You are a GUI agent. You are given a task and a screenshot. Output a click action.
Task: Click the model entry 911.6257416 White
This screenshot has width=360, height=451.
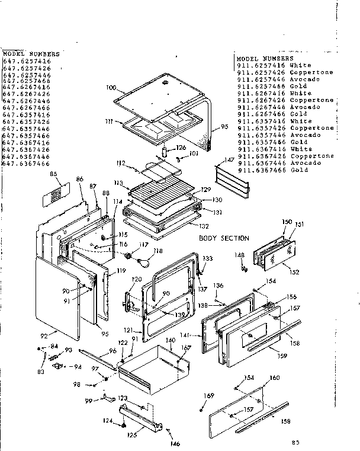tap(274, 65)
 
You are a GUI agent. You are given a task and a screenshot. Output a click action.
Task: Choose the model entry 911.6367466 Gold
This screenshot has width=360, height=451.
tap(272, 169)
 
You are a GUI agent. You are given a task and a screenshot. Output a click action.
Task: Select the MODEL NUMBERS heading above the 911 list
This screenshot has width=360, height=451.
tap(265, 59)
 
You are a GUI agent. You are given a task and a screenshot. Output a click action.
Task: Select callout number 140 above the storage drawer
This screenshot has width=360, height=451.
tap(170, 340)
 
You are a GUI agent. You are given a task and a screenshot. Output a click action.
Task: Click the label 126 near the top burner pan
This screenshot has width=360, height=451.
tap(181, 148)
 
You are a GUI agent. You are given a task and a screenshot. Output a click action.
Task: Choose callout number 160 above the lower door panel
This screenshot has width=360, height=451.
tap(274, 378)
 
